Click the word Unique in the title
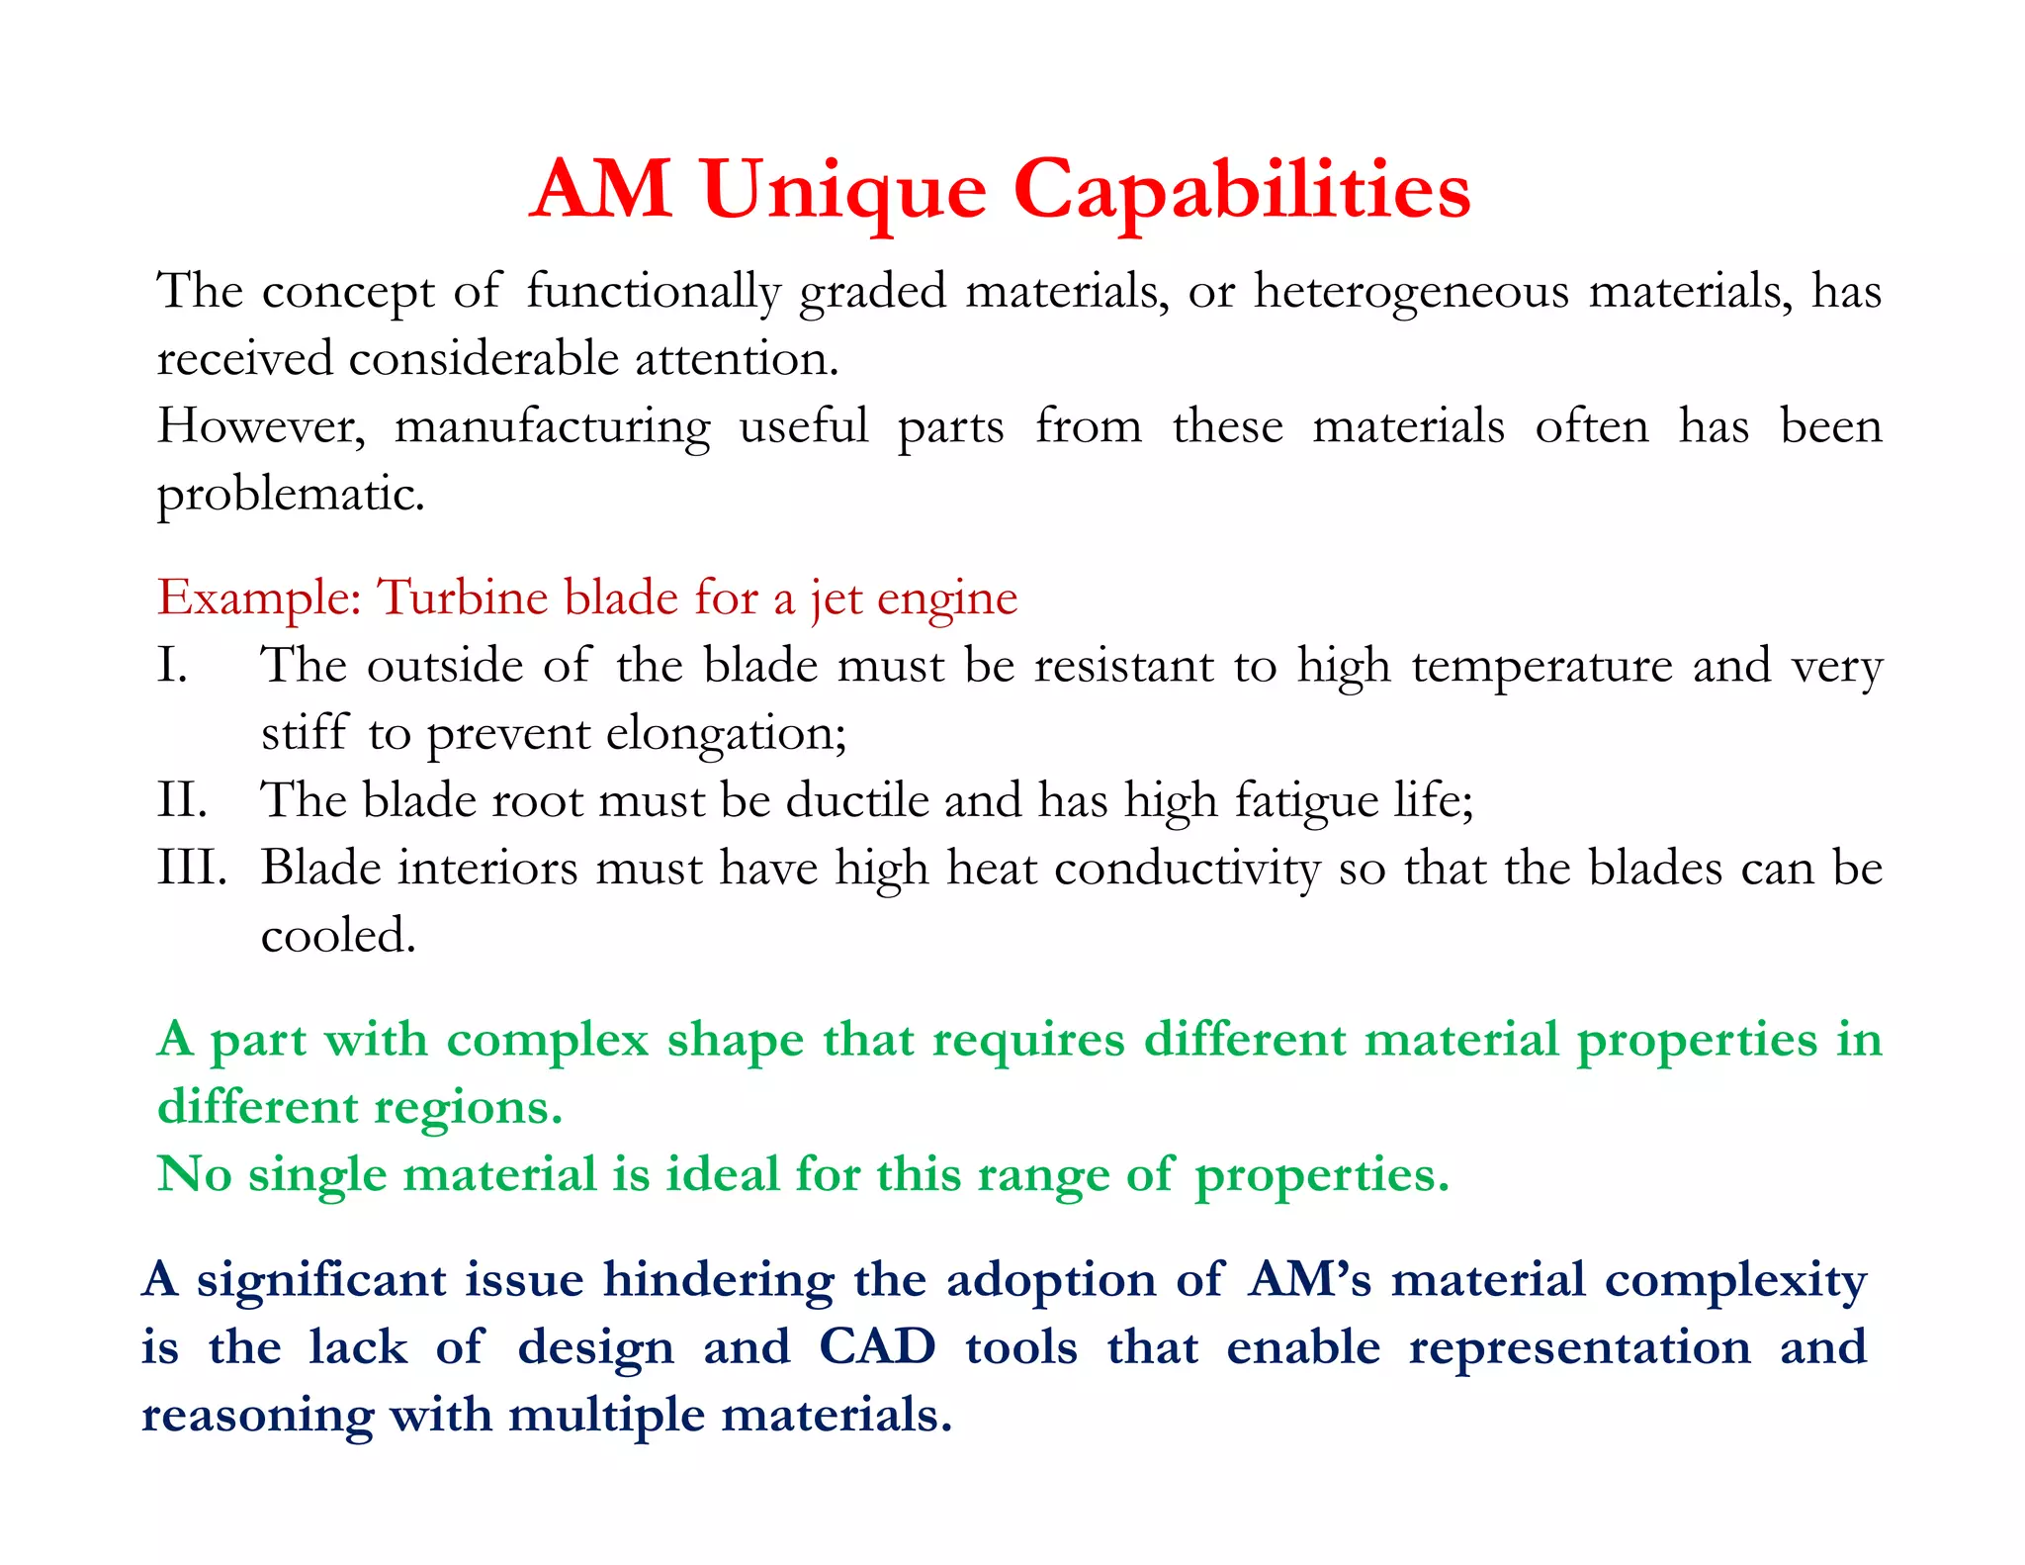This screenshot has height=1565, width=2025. [x=844, y=190]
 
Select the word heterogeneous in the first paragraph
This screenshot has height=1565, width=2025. [x=1411, y=292]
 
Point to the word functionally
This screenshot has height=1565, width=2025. [x=653, y=292]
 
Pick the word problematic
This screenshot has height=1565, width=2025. [x=291, y=494]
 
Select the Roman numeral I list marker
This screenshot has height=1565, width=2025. [x=172, y=666]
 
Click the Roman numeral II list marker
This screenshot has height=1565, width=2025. [x=182, y=800]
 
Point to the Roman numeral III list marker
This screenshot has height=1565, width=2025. [x=192, y=868]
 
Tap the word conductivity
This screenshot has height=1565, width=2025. [x=1187, y=868]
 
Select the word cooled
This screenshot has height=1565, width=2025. [x=338, y=935]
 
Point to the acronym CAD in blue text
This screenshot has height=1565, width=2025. [x=877, y=1347]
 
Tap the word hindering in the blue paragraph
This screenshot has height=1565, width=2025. [x=719, y=1280]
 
